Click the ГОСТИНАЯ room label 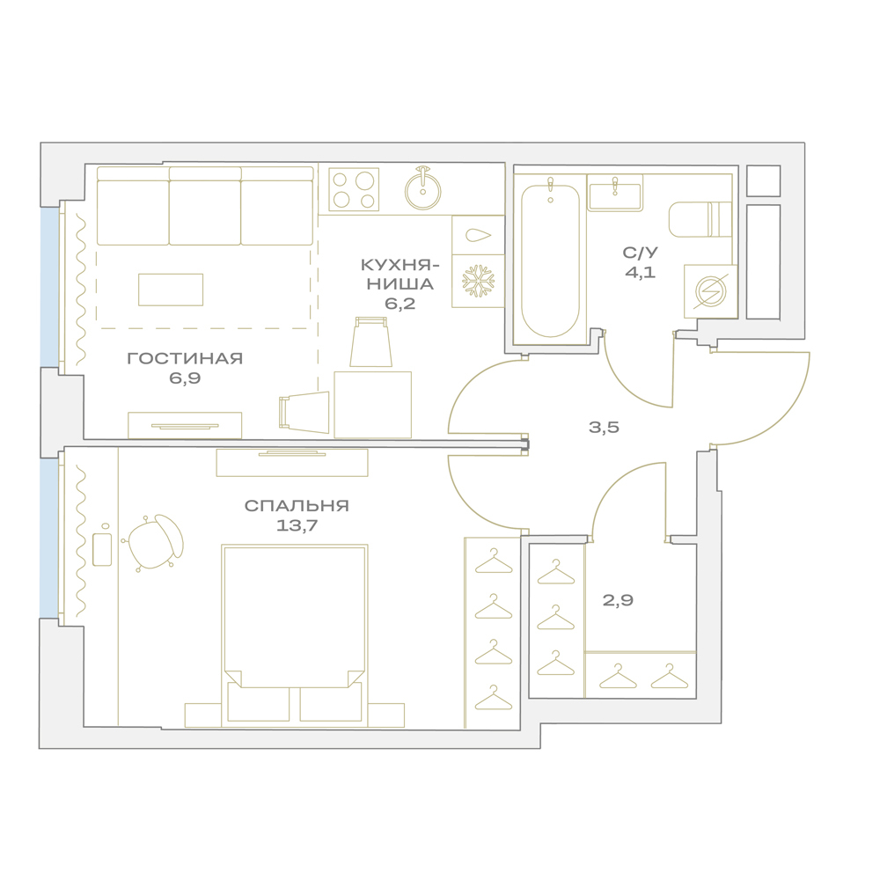[185, 358]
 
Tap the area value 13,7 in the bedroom [297, 526]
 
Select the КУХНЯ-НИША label [400, 275]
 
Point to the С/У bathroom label [640, 253]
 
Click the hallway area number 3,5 [604, 427]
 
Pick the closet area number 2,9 [618, 600]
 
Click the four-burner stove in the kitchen [354, 190]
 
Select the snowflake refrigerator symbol [478, 281]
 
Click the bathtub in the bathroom [550, 260]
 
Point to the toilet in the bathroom [700, 219]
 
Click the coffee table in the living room [171, 290]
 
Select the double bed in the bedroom [295, 635]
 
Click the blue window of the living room [50, 288]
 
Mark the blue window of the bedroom [48, 539]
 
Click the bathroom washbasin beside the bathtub [614, 193]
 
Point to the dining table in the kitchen [372, 404]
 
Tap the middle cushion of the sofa [205, 206]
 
